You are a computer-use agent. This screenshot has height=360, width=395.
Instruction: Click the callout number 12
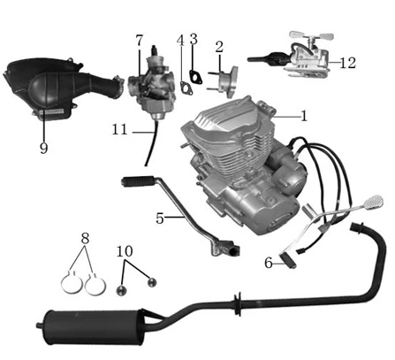(x=348, y=63)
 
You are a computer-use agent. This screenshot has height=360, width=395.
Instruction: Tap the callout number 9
(x=43, y=148)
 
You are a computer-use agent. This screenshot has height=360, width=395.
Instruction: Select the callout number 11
(x=119, y=130)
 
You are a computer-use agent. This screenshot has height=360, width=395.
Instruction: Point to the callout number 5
(x=160, y=218)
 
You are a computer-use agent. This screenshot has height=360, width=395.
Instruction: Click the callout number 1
(x=304, y=116)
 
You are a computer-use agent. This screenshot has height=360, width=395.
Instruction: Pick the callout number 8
(x=85, y=238)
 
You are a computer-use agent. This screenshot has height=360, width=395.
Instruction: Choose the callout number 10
(x=125, y=251)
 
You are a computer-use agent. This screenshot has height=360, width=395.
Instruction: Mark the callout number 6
(x=269, y=263)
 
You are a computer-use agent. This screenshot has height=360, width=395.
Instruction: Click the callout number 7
(x=140, y=40)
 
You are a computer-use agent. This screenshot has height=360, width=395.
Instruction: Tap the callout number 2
(x=219, y=47)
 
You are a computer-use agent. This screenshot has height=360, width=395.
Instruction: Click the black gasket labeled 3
(x=194, y=76)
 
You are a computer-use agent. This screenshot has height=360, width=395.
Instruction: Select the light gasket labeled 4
(x=186, y=88)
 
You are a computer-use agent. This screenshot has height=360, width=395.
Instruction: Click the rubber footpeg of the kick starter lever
(x=137, y=180)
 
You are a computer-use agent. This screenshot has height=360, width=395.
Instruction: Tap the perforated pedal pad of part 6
(x=374, y=201)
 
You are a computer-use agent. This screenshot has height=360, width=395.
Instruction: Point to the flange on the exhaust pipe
(x=238, y=303)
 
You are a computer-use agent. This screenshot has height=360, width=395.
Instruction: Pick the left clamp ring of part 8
(x=71, y=282)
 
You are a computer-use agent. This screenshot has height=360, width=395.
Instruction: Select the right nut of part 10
(x=152, y=282)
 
